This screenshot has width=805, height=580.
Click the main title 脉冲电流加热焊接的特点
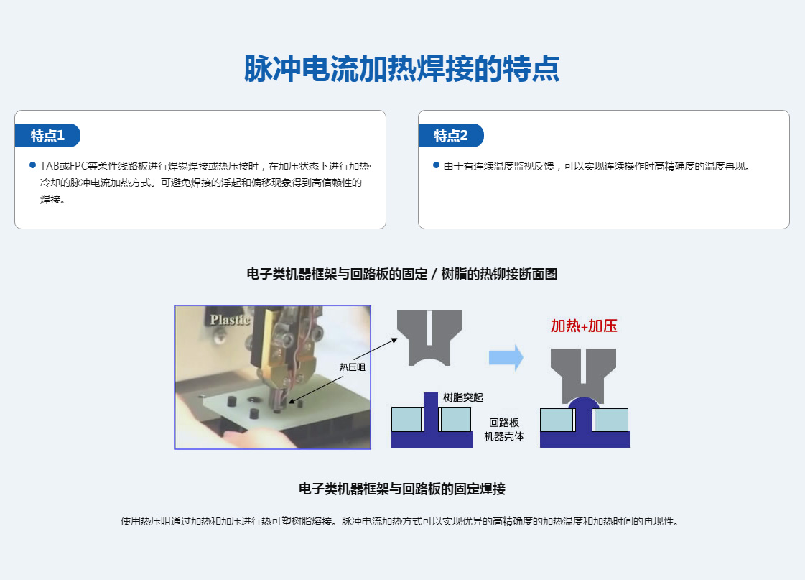pos(401,68)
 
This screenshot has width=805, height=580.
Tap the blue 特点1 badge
pos(47,136)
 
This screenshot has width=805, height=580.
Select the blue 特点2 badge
pos(451,136)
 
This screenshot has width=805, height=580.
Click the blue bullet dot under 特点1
pos(33,165)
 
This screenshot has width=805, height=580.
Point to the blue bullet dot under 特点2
pos(437,165)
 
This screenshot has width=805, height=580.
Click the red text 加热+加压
pos(584,326)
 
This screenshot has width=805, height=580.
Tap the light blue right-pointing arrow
pos(506,356)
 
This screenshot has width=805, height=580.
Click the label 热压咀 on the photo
pos(352,367)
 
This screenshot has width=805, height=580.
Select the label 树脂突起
pos(463,397)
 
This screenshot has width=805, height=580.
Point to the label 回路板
pos(504,423)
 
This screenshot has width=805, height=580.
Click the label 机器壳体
pos(504,436)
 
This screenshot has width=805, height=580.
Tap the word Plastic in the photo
pos(230,320)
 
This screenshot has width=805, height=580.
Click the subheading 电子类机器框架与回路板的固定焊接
pos(402,489)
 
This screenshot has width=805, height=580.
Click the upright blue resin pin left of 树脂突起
pos(431,412)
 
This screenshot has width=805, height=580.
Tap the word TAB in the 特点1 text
pos(50,166)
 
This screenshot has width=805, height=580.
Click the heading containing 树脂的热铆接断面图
pos(402,275)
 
